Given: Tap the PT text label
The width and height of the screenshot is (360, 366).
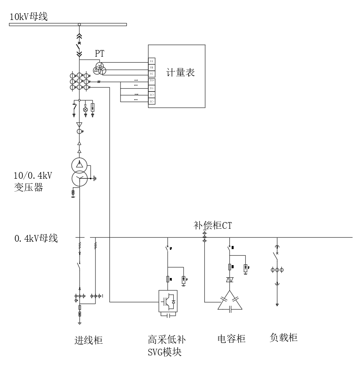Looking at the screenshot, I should coord(100,54).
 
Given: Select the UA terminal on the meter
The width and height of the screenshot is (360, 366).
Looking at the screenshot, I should coord(151,61).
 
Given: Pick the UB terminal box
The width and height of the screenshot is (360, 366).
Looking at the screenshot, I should coord(151,68).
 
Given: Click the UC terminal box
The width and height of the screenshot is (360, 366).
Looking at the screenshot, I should coord(151,74).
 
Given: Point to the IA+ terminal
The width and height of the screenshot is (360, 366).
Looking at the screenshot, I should coord(152,81).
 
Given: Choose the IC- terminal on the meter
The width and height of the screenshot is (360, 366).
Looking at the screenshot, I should coord(152,102).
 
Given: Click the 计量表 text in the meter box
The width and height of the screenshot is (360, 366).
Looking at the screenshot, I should coord(180,72).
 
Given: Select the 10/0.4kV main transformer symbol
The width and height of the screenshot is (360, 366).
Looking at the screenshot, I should coord(80,171).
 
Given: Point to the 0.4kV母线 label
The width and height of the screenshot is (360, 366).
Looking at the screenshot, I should coord(36,238).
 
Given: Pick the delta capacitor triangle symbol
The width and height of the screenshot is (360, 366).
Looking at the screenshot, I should coord(230,302).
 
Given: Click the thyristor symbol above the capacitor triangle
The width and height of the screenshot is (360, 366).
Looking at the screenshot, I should coord(230,280).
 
